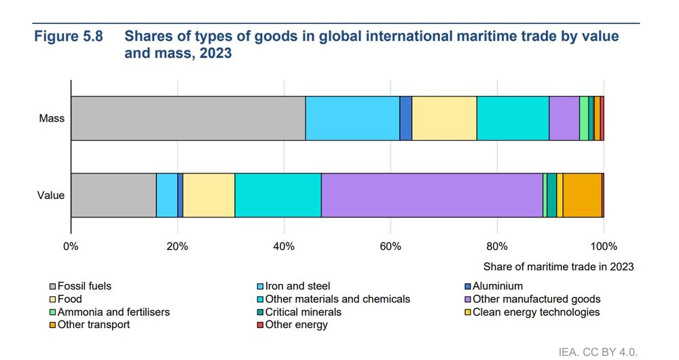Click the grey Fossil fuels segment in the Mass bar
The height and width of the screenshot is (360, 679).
[187, 118]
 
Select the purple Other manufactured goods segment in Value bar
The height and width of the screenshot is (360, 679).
[431, 195]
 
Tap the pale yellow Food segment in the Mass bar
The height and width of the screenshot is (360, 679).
[444, 118]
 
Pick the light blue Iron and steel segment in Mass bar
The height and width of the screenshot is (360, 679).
[352, 118]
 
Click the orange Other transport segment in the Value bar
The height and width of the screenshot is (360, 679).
[582, 195]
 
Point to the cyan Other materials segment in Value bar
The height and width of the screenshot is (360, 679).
[278, 195]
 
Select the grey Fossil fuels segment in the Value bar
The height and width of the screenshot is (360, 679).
[113, 195]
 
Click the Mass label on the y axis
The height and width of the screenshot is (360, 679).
[52, 119]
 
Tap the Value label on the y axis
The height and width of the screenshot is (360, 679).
[51, 196]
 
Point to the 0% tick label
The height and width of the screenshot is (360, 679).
[71, 246]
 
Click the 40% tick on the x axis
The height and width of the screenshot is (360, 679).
[284, 246]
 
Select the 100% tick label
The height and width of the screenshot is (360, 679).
[603, 246]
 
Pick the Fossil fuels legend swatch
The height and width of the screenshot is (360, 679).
[52, 287]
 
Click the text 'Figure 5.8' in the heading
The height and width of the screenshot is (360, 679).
[69, 37]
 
